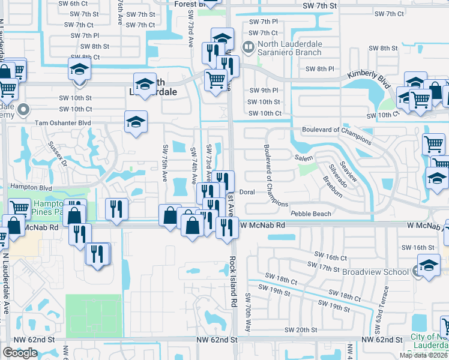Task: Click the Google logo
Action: point(20,353)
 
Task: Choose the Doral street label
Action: point(248,192)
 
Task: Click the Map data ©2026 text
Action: point(423,355)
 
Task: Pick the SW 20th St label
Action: point(301,330)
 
